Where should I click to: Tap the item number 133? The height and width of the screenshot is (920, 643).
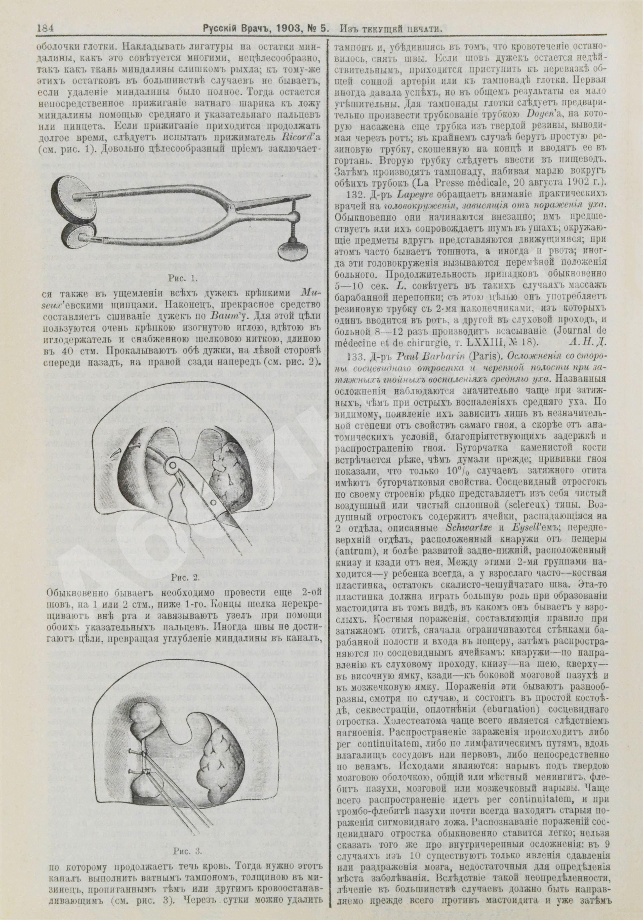click(354, 355)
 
